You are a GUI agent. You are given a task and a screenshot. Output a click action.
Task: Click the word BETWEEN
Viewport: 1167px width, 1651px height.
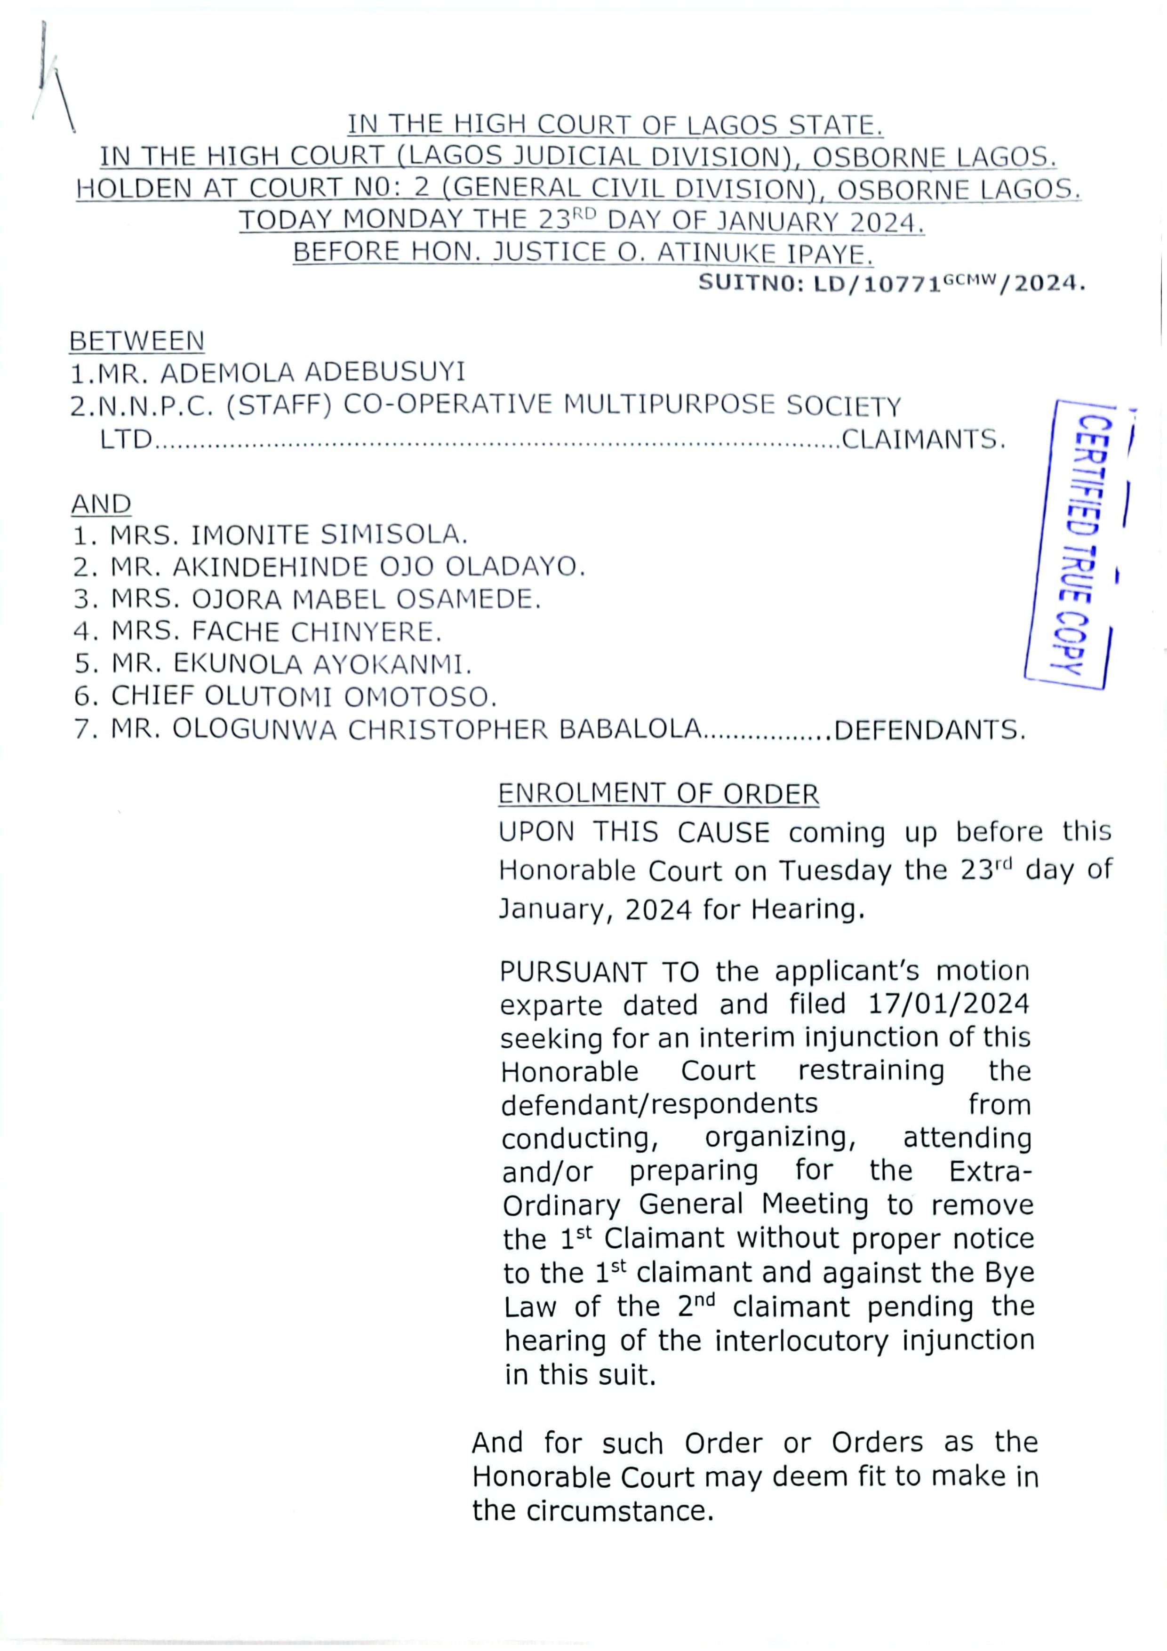[x=136, y=341]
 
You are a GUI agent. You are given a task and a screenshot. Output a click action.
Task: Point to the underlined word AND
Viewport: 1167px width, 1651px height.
[x=101, y=504]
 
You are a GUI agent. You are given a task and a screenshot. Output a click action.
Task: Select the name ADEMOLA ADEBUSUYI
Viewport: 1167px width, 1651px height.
[x=313, y=373]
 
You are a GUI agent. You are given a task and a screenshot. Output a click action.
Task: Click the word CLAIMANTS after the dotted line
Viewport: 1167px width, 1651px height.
[x=922, y=439]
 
